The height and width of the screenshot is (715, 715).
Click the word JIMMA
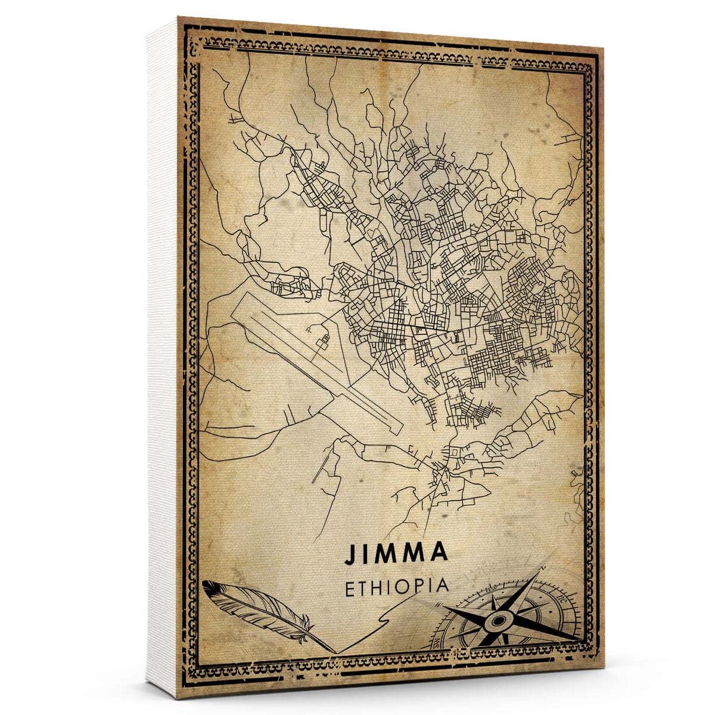tap(396, 552)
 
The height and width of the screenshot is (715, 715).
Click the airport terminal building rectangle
tap(324, 341)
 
